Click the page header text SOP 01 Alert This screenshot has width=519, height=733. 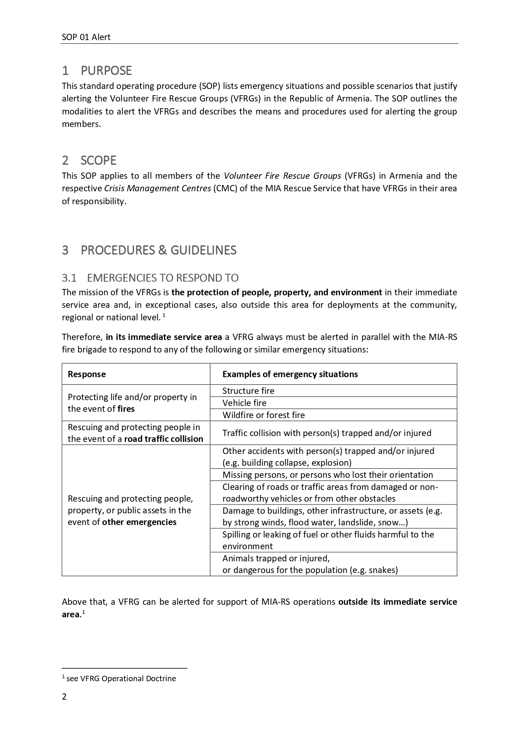click(x=86, y=37)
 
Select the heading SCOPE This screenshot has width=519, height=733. click(x=98, y=160)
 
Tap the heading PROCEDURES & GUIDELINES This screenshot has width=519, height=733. click(x=159, y=250)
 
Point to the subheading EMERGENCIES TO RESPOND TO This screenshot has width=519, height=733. click(x=163, y=278)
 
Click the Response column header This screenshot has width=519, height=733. click(x=87, y=374)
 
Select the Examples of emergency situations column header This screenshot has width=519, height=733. click(x=290, y=374)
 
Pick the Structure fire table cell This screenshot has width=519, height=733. click(x=248, y=391)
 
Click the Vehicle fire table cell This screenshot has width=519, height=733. click(x=244, y=403)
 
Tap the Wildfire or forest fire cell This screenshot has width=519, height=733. click(x=263, y=415)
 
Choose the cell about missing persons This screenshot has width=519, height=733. click(x=327, y=475)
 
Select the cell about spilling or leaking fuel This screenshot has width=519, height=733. click(x=328, y=540)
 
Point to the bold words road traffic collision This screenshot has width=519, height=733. click(x=164, y=439)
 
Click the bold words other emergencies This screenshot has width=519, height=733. click(x=139, y=522)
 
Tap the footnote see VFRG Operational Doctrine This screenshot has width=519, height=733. click(x=121, y=679)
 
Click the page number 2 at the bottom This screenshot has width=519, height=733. click(x=64, y=697)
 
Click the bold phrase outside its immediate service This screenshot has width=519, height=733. click(x=397, y=602)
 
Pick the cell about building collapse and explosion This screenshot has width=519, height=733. click(x=328, y=457)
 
